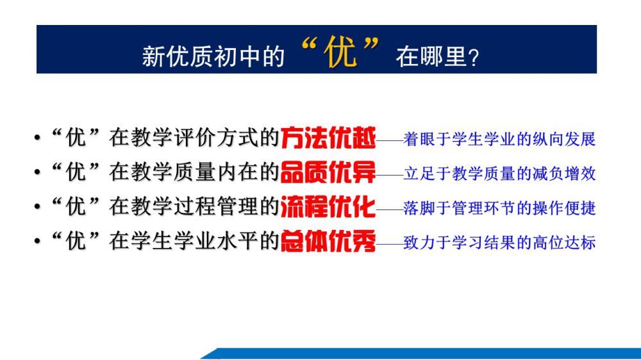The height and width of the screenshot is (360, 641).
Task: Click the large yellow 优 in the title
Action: pyautogui.click(x=340, y=53)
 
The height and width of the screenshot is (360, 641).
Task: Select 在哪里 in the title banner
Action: pyautogui.click(x=431, y=56)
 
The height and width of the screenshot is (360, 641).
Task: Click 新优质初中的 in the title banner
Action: pyautogui.click(x=213, y=56)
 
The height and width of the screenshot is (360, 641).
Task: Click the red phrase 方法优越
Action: pyautogui.click(x=328, y=137)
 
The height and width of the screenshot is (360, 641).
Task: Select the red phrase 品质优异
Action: pyautogui.click(x=328, y=172)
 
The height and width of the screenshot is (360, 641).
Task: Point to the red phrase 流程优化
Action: pyautogui.click(x=328, y=206)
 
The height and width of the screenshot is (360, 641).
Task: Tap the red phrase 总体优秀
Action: pyautogui.click(x=328, y=241)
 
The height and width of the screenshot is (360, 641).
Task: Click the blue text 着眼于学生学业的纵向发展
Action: pyautogui.click(x=499, y=139)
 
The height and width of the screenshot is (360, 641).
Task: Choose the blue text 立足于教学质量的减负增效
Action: pyautogui.click(x=499, y=174)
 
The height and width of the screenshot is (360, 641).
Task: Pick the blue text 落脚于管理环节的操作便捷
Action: pyautogui.click(x=499, y=208)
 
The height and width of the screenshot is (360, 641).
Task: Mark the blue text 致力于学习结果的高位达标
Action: pyautogui.click(x=499, y=242)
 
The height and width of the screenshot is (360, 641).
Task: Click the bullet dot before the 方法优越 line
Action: pyautogui.click(x=38, y=138)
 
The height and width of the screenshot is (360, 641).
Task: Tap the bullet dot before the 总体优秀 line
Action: pyautogui.click(x=38, y=241)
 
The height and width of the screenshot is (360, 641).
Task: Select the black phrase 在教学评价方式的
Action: pyautogui.click(x=194, y=137)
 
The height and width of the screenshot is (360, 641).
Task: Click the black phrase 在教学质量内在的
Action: pyautogui.click(x=194, y=172)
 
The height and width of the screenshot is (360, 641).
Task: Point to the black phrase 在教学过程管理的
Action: pyautogui.click(x=194, y=206)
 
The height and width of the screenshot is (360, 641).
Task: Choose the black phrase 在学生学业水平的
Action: pyautogui.click(x=194, y=241)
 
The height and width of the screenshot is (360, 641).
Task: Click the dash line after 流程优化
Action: pyautogui.click(x=390, y=209)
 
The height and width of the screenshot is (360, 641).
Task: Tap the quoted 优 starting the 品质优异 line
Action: pyautogui.click(x=76, y=172)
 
